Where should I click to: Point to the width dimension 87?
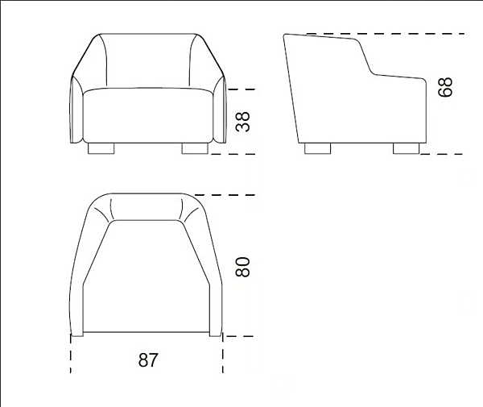tap(147, 360)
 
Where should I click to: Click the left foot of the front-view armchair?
tap(100, 149)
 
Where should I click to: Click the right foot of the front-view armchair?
tap(194, 149)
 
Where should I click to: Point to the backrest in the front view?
tap(147, 60)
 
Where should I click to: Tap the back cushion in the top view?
tap(147, 208)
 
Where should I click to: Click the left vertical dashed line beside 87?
tap(71, 355)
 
